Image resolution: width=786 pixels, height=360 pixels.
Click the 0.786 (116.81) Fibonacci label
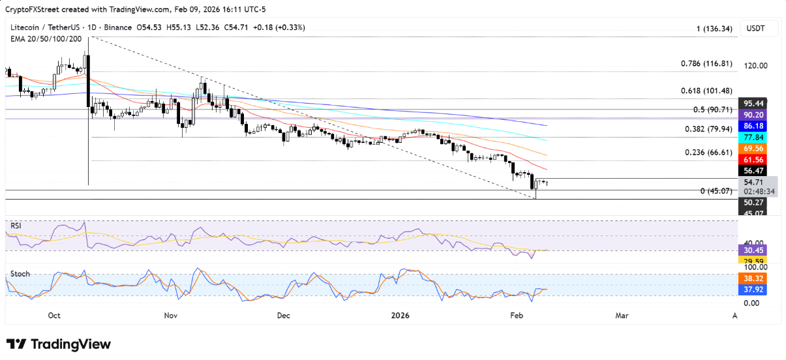pyautogui.click(x=706, y=64)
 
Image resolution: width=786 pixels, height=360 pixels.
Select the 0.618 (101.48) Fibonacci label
pyautogui.click(x=706, y=91)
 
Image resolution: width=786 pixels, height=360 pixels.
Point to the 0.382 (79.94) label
pyautogui.click(x=706, y=129)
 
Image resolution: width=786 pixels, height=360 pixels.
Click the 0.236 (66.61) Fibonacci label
pyautogui.click(x=706, y=152)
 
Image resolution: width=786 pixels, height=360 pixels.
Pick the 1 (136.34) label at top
pyautogui.click(x=714, y=29)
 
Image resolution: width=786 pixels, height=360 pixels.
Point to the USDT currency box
pyautogui.click(x=755, y=29)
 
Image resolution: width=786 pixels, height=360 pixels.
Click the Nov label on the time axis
pyautogui.click(x=171, y=316)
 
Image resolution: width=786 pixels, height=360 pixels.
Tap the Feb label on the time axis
pyautogui.click(x=517, y=316)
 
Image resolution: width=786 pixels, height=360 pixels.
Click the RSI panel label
pyautogui.click(x=16, y=225)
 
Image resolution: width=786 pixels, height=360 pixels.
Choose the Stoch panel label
pyautogui.click(x=20, y=274)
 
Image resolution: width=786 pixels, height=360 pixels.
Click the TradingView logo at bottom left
pyautogui.click(x=59, y=344)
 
